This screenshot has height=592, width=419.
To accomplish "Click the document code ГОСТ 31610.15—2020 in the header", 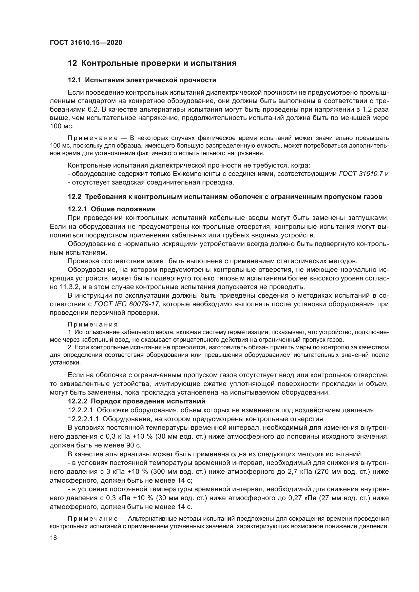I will click(x=86, y=43).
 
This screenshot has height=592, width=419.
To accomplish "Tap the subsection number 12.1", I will click(x=74, y=80).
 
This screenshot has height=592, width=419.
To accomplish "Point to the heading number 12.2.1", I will click(x=78, y=209).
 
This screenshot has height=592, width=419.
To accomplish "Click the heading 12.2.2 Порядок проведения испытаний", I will click(x=137, y=401).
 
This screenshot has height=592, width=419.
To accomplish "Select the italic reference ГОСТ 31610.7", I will click(x=361, y=174).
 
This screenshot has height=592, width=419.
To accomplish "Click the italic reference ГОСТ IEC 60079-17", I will click(x=126, y=304).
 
